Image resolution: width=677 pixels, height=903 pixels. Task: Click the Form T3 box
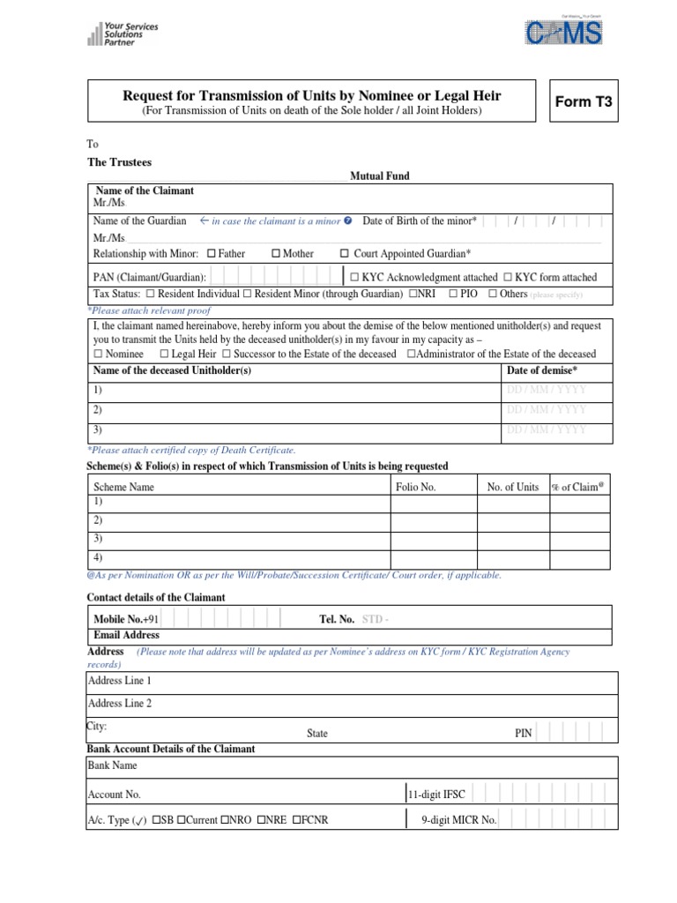tap(582, 102)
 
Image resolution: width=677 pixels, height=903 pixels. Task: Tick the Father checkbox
tap(212, 254)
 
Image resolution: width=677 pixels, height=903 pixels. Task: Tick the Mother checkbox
tap(276, 254)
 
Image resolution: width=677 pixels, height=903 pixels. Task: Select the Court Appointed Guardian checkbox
tap(345, 254)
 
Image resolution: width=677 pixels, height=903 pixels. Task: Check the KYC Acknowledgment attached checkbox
tap(353, 277)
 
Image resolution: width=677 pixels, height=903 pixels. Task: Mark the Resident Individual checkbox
tap(151, 294)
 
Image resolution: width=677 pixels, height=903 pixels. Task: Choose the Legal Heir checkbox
tap(165, 354)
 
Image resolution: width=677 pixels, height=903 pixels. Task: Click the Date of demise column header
tap(542, 370)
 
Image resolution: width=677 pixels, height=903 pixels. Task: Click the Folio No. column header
tap(415, 487)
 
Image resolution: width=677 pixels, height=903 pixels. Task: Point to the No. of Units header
tap(512, 487)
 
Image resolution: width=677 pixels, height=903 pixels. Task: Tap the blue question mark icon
tap(348, 220)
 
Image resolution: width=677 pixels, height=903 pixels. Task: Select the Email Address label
tap(126, 635)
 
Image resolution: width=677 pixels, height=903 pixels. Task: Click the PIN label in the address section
tap(524, 733)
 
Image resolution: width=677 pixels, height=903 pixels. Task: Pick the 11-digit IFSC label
tap(438, 795)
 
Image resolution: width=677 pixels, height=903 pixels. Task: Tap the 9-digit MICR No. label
tap(459, 819)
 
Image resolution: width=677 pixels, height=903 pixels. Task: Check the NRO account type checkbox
tap(227, 819)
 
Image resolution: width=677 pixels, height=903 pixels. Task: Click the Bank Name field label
tap(113, 765)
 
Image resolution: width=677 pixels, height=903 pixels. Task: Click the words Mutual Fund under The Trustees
tap(380, 176)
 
